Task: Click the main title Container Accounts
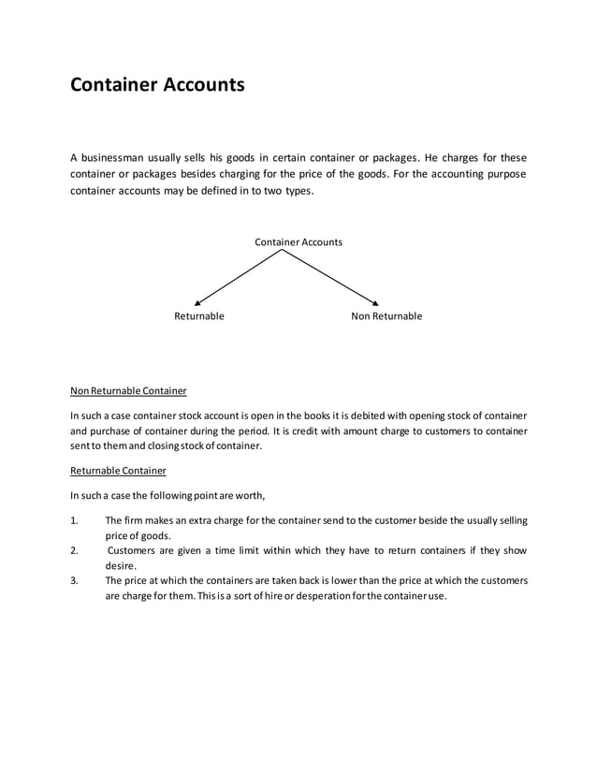pyautogui.click(x=157, y=85)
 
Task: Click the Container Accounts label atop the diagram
pyautogui.click(x=298, y=242)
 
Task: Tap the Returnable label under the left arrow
pyautogui.click(x=199, y=316)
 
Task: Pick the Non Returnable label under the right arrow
pyautogui.click(x=386, y=316)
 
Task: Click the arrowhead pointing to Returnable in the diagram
pyautogui.click(x=196, y=301)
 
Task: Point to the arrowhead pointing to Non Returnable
pyautogui.click(x=374, y=301)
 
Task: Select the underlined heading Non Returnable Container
pyautogui.click(x=128, y=390)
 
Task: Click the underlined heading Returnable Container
pyautogui.click(x=118, y=471)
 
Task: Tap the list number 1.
pyautogui.click(x=75, y=520)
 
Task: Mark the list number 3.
pyautogui.click(x=75, y=580)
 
